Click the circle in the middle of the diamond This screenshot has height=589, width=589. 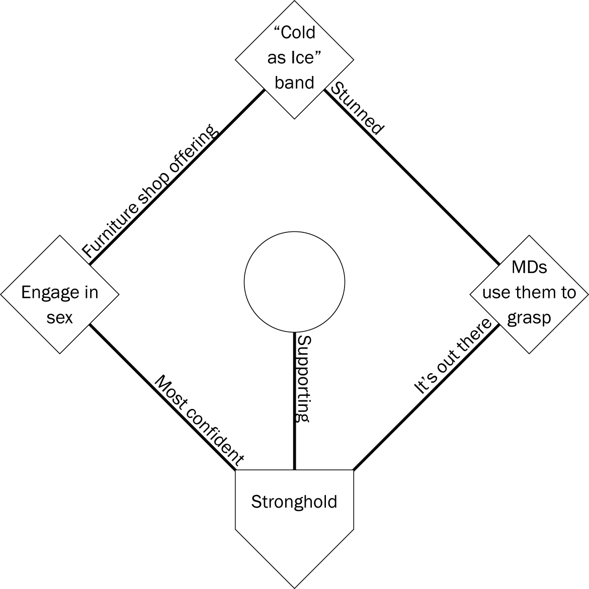pyautogui.click(x=294, y=282)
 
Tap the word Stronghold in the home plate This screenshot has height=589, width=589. pyautogui.click(x=294, y=502)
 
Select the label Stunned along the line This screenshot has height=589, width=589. pyautogui.click(x=357, y=109)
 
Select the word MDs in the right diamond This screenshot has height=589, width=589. pyautogui.click(x=529, y=267)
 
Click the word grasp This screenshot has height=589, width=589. pyautogui.click(x=529, y=318)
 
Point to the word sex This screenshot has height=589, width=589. pyautogui.click(x=60, y=318)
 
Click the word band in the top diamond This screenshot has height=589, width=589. pyautogui.click(x=294, y=82)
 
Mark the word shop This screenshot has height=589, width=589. pyautogui.click(x=151, y=189)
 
